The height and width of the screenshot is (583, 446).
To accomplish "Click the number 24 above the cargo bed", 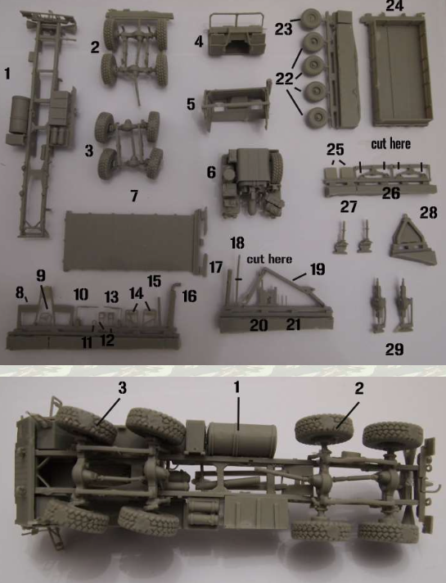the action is [x=394, y=6].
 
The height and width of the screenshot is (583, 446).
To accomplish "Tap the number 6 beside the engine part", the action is [x=211, y=172].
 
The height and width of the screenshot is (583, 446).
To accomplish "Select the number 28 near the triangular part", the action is [x=428, y=213].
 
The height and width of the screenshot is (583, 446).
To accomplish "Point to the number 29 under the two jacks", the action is [x=394, y=349].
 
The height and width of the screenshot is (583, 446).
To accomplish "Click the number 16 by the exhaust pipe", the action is [x=189, y=296].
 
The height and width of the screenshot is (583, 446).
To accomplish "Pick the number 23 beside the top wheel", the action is [x=283, y=29].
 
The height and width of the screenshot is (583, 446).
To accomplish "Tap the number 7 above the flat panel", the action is [x=134, y=196].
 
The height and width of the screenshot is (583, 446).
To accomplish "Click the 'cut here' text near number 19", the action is [x=269, y=259].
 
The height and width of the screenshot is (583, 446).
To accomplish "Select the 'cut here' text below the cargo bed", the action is [x=390, y=143].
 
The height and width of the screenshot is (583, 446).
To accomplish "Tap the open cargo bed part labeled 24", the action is [x=398, y=70].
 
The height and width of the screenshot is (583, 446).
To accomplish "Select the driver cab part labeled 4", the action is [x=237, y=34].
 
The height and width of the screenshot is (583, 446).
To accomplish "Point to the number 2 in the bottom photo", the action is [x=358, y=388].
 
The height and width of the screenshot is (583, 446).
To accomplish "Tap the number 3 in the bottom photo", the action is [x=122, y=387].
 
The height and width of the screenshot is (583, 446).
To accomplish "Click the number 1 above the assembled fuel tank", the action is [x=237, y=387].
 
